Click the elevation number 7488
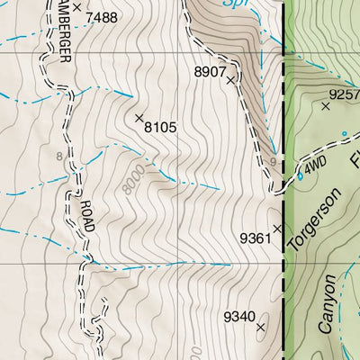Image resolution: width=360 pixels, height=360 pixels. (102, 17)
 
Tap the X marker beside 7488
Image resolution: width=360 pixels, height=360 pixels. (77, 7)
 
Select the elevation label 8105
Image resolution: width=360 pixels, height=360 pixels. (160, 128)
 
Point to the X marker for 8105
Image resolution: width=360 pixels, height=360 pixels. (139, 118)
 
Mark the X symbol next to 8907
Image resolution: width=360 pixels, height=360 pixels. (230, 80)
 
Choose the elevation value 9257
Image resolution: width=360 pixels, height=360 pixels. (343, 94)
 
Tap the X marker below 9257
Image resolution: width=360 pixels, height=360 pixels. (326, 106)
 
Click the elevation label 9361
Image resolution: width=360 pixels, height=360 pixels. (255, 238)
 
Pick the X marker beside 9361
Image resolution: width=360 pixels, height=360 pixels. (277, 228)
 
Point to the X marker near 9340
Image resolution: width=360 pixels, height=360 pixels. (261, 328)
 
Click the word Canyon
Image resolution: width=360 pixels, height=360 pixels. (329, 305)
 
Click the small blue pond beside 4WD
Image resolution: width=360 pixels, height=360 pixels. (300, 175)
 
